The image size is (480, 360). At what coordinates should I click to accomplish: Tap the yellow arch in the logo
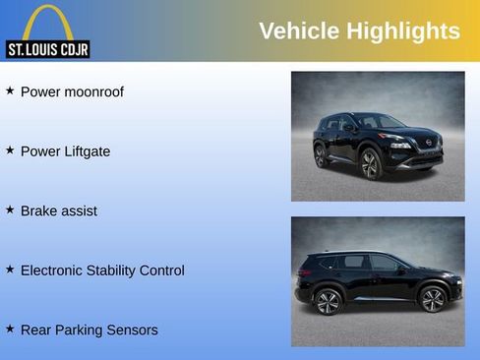[47, 22]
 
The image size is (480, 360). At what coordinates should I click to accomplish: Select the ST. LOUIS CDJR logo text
[47, 49]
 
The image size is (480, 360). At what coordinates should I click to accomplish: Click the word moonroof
[94, 92]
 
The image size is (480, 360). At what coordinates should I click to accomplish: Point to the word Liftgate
[85, 151]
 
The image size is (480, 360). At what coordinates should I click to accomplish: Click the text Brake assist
[59, 210]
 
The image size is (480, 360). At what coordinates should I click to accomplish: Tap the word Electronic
[58, 270]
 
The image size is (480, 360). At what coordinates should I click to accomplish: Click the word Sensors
[130, 330]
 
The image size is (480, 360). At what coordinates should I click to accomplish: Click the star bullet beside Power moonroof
[10, 90]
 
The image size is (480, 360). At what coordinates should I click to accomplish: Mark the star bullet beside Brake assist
[10, 209]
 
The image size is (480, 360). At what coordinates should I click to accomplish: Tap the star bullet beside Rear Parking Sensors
[10, 328]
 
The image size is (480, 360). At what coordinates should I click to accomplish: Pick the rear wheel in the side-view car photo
[328, 301]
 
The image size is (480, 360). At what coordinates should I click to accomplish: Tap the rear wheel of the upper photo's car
[320, 155]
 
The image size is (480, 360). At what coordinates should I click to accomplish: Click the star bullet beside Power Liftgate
[10, 150]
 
